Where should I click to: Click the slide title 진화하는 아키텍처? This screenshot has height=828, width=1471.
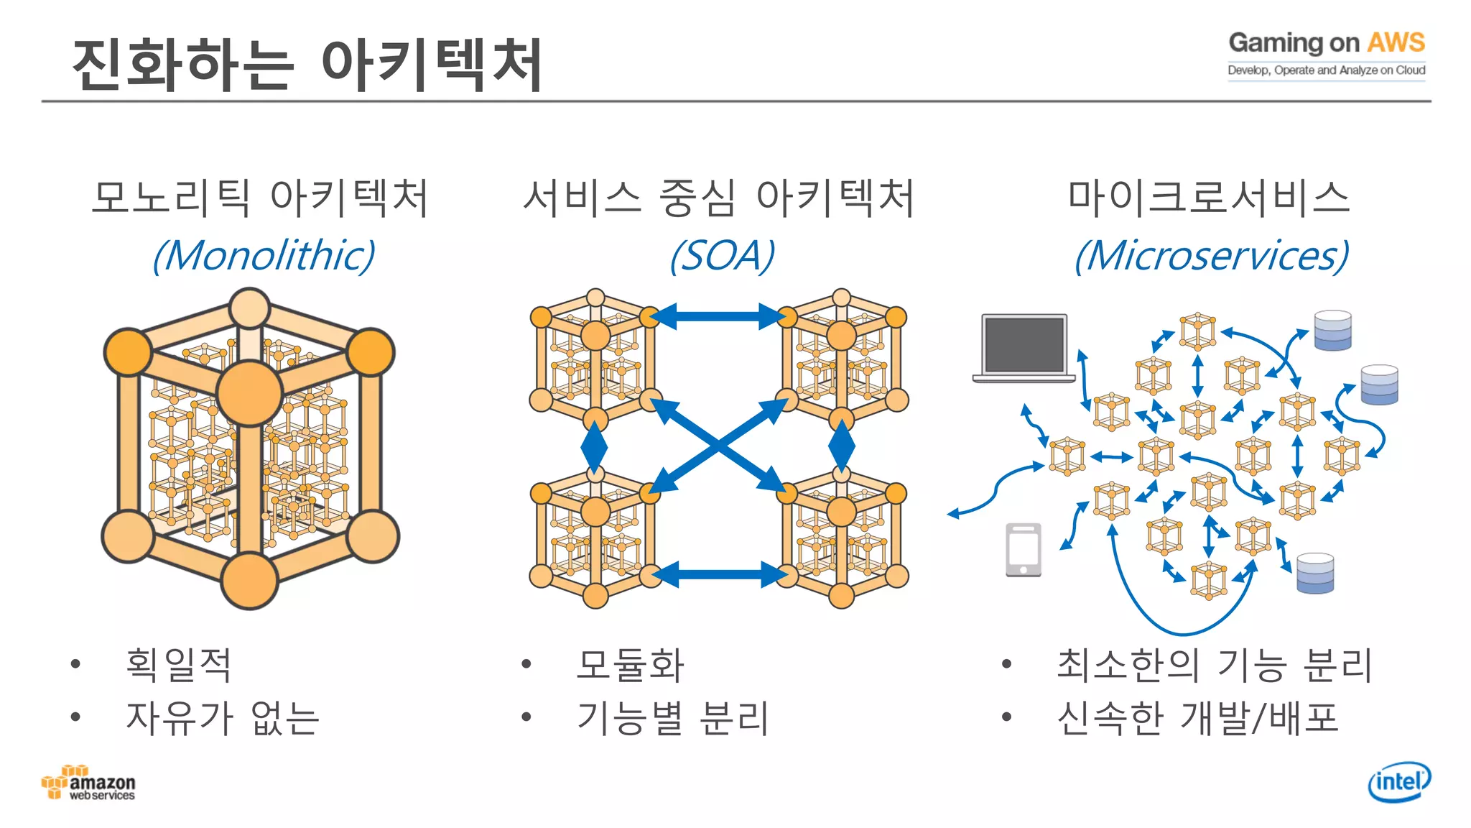[307, 65]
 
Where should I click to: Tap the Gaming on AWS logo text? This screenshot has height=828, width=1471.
[1326, 43]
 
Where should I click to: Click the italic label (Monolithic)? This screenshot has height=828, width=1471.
[264, 256]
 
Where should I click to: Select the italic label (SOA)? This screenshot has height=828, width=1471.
[722, 256]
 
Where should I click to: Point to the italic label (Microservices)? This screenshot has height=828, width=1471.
[1211, 256]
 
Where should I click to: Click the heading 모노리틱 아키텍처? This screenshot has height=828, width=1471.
[260, 198]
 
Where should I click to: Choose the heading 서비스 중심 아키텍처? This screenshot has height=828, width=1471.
[718, 198]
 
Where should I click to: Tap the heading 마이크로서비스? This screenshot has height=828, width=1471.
[1209, 198]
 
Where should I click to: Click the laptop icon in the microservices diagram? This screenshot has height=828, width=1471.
[1024, 347]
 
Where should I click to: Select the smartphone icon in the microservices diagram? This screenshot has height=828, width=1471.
[1024, 549]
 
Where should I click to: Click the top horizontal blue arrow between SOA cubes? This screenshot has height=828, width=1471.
[718, 316]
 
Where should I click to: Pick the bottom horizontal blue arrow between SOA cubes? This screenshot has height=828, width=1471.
[718, 574]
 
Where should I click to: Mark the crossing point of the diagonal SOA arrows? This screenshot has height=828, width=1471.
[718, 446]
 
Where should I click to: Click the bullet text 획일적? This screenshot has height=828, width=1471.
[178, 664]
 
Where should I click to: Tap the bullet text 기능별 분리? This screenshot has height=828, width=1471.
[673, 717]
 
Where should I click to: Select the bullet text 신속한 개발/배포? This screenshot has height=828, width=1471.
[1197, 717]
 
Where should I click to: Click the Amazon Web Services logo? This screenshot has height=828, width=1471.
[88, 783]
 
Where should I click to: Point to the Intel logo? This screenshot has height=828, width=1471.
[1398, 781]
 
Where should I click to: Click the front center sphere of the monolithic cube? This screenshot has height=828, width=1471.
[249, 393]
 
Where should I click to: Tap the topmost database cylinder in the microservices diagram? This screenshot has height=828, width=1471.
[1332, 330]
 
